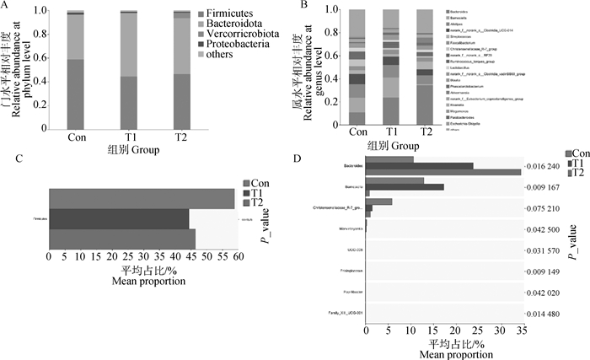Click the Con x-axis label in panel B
[357, 132]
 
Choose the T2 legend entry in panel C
[262, 202]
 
